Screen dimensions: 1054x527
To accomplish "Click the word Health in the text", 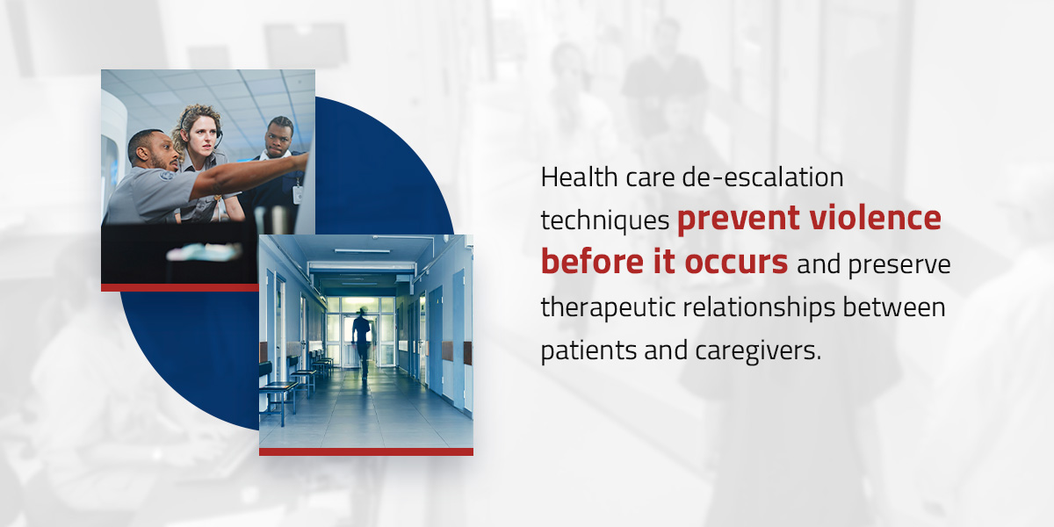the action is tap(579, 177).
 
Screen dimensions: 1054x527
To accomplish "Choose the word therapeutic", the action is tap(608, 308).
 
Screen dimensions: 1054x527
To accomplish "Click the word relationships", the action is tap(759, 308).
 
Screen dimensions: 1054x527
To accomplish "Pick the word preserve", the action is tap(899, 265).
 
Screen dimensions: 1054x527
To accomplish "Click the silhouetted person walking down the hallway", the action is tap(363, 341).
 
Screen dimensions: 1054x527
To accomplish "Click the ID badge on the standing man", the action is tap(298, 194).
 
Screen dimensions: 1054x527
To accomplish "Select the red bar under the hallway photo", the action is tap(366, 451).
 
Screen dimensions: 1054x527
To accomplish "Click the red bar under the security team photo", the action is tap(180, 287).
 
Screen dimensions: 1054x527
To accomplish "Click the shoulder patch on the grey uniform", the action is tap(166, 177).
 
